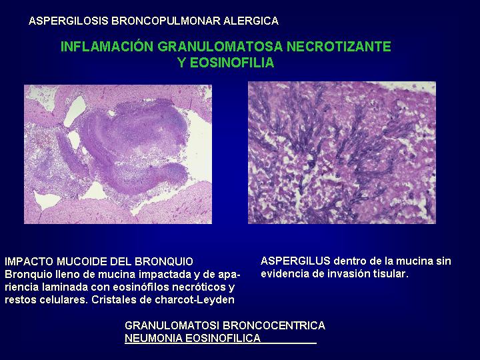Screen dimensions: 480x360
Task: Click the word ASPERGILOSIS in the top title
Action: point(69,21)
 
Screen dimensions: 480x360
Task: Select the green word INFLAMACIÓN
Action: point(107,46)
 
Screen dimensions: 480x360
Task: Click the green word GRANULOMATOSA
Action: point(220,46)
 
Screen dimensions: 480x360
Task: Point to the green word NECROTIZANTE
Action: point(339,46)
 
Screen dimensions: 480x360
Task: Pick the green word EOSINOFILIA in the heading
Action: point(232,63)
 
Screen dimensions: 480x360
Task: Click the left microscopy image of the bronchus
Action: point(118,154)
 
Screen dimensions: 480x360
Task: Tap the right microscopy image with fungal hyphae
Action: point(342,153)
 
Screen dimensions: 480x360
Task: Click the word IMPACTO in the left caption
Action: point(29,262)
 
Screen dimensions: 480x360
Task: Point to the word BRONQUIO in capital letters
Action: point(164,262)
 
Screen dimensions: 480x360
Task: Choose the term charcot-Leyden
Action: point(195,300)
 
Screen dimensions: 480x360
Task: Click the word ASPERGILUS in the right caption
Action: point(295,261)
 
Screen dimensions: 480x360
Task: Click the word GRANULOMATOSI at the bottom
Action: point(172,325)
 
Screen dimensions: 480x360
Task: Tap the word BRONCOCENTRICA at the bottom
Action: point(274,325)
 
